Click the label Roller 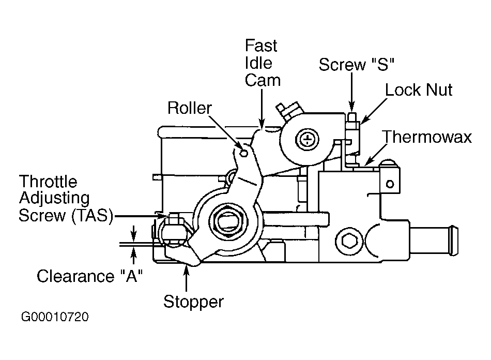190,108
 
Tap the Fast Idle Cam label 263,63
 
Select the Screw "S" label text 356,65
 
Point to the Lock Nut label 418,90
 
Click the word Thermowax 427,137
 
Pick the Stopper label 193,302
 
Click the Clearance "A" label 89,276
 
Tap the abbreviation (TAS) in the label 92,216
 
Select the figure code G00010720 55,317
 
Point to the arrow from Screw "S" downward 352,93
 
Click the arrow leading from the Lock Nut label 374,111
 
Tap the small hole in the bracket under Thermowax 390,184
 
